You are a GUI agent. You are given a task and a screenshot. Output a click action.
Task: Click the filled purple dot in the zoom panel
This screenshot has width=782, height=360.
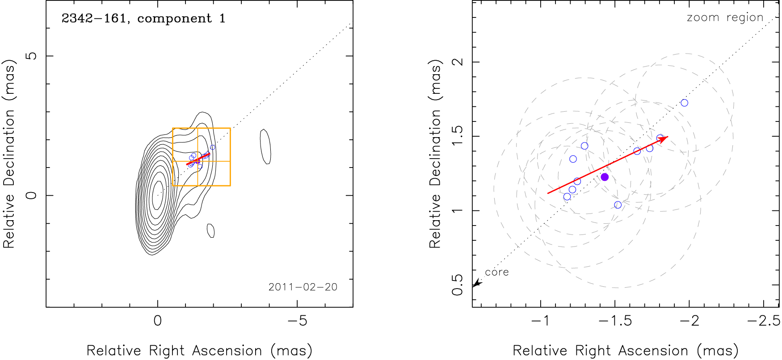[605, 177]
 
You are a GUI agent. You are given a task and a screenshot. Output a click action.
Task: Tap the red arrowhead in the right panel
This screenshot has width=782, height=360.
[664, 138]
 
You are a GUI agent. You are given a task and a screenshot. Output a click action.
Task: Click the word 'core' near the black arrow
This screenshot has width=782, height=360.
[497, 272]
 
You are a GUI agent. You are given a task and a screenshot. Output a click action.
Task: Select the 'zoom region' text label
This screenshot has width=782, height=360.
[725, 17]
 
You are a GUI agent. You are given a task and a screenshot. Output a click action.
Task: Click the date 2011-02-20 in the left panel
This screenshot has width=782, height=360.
[303, 287]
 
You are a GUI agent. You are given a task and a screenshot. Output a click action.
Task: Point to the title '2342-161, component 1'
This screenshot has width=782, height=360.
[143, 18]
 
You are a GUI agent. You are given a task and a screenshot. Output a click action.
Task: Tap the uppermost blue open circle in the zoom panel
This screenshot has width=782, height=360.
[684, 103]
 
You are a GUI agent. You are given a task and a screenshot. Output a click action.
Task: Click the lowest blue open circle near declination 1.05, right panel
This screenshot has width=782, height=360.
[618, 205]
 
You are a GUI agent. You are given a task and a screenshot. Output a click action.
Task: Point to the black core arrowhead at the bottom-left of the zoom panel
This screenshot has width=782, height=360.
[476, 283]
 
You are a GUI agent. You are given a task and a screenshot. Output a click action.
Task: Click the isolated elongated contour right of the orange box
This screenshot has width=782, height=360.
[265, 147]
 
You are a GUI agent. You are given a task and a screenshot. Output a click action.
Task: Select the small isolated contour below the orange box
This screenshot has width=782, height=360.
[211, 230]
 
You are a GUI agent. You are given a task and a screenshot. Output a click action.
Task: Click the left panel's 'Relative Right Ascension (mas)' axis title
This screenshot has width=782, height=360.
[199, 351]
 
